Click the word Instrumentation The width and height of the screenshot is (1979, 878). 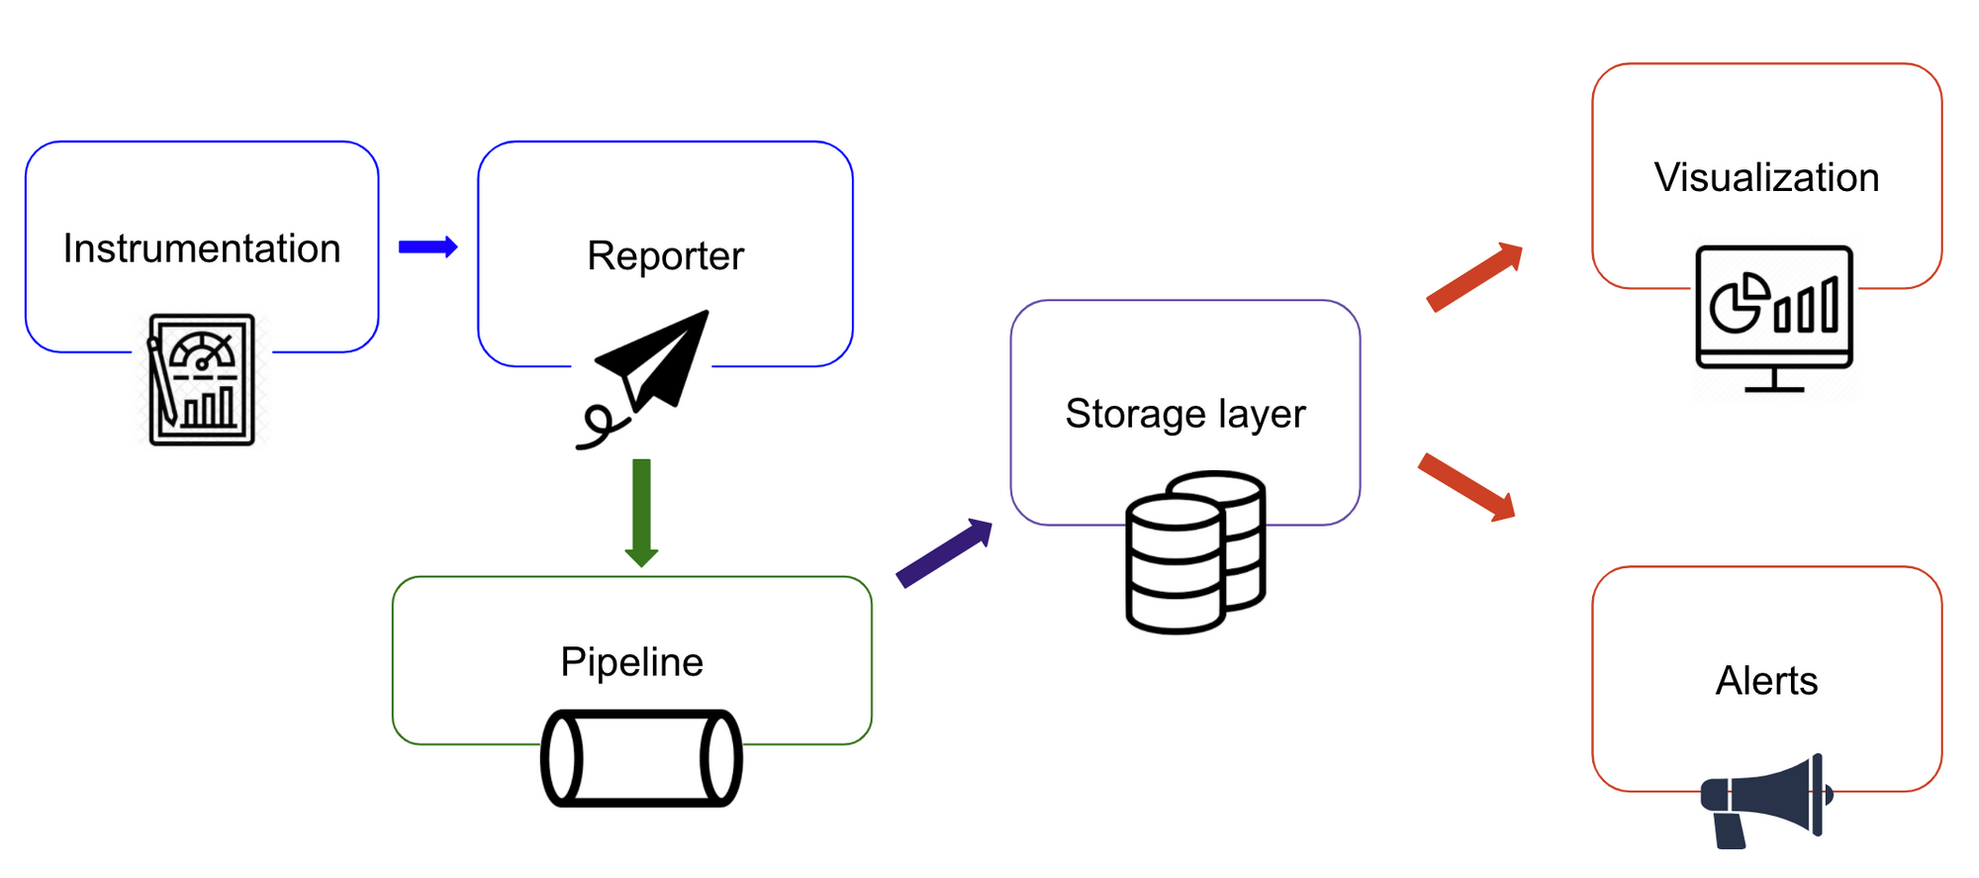coord(202,248)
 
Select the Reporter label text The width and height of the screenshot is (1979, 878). coord(665,255)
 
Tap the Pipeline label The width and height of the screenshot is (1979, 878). coord(631,661)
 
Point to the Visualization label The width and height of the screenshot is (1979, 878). coord(1766,178)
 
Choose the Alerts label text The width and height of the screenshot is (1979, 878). coord(1766,681)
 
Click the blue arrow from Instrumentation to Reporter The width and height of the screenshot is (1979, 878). coord(427,246)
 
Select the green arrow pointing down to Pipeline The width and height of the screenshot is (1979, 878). coord(641,511)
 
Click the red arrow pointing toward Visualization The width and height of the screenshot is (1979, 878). coord(1474,277)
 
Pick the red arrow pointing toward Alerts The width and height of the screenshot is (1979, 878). coord(1466,486)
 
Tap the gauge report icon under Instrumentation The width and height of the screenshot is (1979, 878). coord(202,379)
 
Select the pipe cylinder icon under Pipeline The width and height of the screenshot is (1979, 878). coord(641,757)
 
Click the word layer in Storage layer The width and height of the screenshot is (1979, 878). coord(1262,414)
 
